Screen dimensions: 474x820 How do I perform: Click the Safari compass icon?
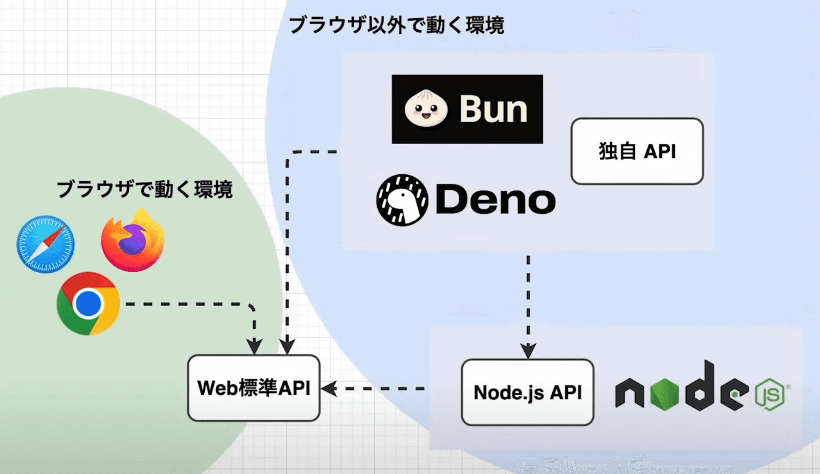click(45, 244)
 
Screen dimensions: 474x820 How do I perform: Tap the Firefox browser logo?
click(132, 241)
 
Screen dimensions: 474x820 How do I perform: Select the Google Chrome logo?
click(88, 303)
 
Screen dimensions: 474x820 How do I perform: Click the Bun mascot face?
click(426, 109)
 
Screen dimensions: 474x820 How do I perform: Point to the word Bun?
click(493, 109)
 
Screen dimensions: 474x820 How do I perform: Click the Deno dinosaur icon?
click(402, 200)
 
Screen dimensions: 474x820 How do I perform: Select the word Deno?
click(495, 200)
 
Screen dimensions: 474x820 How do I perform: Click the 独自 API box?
click(637, 151)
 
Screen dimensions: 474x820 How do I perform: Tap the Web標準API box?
click(254, 388)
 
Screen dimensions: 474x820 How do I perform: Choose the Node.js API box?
click(527, 392)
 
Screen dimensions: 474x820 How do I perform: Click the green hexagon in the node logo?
click(665, 393)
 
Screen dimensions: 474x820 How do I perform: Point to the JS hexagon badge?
click(770, 394)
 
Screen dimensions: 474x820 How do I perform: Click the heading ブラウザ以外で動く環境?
click(396, 25)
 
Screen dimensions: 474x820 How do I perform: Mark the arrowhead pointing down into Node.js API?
click(528, 351)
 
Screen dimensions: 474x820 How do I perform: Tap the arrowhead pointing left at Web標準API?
click(328, 388)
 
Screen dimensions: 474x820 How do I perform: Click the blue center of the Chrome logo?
click(88, 303)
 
